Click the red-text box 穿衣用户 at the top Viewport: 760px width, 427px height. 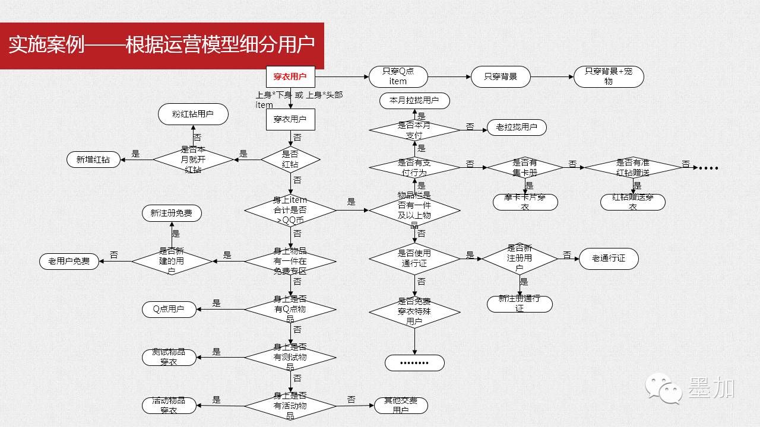pyautogui.click(x=290, y=77)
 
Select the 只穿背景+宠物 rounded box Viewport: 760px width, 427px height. pyautogui.click(x=609, y=77)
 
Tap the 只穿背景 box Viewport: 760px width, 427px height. pyautogui.click(x=500, y=77)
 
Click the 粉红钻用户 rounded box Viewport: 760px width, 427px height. pyautogui.click(x=193, y=114)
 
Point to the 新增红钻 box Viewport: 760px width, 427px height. pyautogui.click(x=93, y=159)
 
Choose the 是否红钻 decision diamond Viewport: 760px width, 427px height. pyautogui.click(x=290, y=159)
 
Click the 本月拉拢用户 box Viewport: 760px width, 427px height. pyautogui.click(x=414, y=101)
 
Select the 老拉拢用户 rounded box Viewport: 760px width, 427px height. pyautogui.click(x=516, y=127)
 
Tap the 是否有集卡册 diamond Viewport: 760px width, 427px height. pyautogui.click(x=524, y=168)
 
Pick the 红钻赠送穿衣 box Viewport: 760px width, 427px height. pyautogui.click(x=632, y=202)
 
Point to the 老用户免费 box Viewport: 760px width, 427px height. pyautogui.click(x=69, y=261)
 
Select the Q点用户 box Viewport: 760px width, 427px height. pyautogui.click(x=169, y=309)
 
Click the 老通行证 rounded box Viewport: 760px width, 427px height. pyautogui.click(x=609, y=259)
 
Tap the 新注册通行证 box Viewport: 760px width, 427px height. pyautogui.click(x=520, y=304)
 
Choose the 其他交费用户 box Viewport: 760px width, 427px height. pyautogui.click(x=401, y=406)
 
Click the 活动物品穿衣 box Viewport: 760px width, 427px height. pyautogui.click(x=169, y=406)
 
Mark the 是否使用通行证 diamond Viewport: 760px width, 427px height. pyautogui.click(x=414, y=259)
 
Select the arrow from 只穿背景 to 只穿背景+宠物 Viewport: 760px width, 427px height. pyautogui.click(x=552, y=77)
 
